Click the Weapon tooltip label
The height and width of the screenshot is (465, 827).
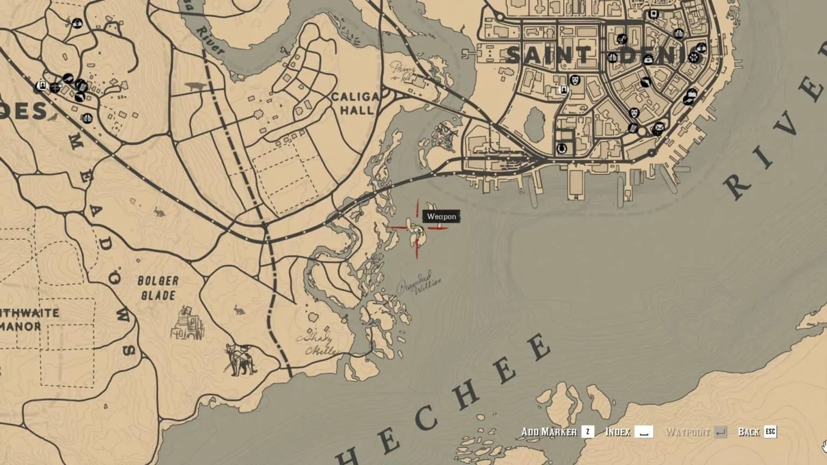tap(441, 216)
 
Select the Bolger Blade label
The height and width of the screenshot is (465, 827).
tap(158, 288)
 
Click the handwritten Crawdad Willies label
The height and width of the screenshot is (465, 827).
tap(419, 286)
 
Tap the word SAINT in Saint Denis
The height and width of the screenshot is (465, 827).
tap(548, 55)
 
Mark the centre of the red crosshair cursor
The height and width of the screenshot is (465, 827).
tap(417, 229)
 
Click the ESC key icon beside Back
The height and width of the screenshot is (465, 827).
tap(770, 432)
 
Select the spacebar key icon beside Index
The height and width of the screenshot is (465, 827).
tap(643, 432)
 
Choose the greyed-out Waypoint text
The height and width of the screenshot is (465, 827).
tap(688, 432)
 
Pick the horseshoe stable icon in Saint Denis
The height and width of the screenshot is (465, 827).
tap(562, 148)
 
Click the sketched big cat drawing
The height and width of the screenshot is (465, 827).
tap(240, 359)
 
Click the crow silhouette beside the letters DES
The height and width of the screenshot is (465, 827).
tap(54, 116)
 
